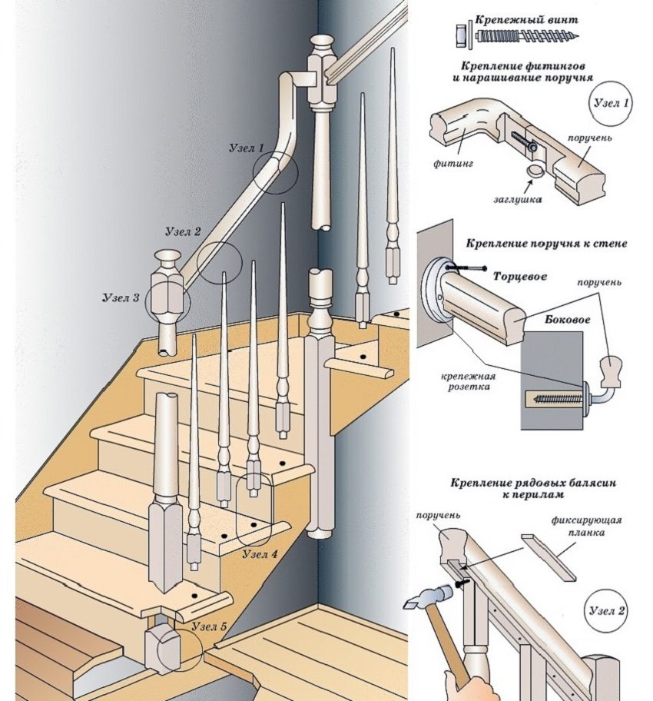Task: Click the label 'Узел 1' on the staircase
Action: pyautogui.click(x=246, y=148)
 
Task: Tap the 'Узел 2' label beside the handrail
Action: pyautogui.click(x=184, y=231)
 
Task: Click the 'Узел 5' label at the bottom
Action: pyautogui.click(x=208, y=627)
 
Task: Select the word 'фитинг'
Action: pyautogui.click(x=454, y=164)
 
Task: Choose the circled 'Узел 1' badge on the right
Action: pyautogui.click(x=612, y=104)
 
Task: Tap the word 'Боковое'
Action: pyautogui.click(x=562, y=318)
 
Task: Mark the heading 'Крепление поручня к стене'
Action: pyautogui.click(x=545, y=243)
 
